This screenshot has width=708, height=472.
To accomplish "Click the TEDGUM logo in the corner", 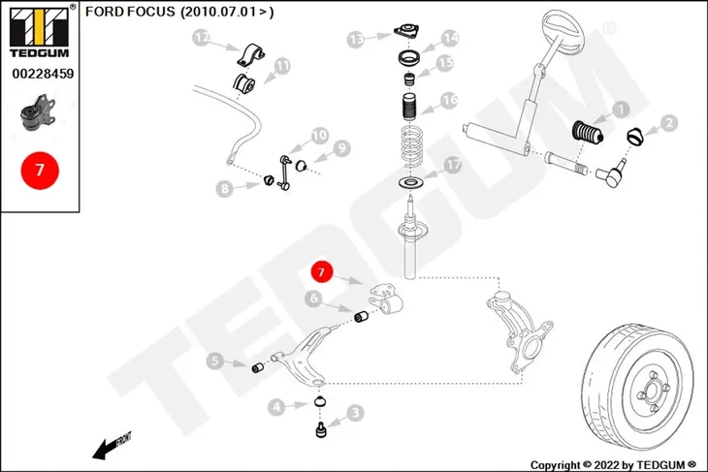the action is tap(40, 31).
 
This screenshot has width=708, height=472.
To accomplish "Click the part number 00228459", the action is tap(43, 74).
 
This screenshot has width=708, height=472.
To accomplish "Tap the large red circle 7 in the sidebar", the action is tap(40, 171).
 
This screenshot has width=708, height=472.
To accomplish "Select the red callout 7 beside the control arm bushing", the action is tap(321, 271).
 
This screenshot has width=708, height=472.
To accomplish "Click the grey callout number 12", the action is tap(202, 38).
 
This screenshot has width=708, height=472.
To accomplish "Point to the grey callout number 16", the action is tap(449, 100).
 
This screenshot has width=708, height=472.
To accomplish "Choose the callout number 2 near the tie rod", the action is tap(669, 122).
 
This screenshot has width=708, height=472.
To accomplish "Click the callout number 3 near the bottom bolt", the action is tap(355, 413).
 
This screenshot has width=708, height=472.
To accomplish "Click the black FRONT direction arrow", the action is tap(112, 446).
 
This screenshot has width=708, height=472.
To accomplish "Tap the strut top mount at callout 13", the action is tap(406, 31).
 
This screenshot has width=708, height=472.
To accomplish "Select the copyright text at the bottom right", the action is tap(613, 465).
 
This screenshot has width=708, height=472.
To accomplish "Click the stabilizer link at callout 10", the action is tap(284, 172).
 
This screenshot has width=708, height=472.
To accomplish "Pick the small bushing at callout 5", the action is tap(257, 367).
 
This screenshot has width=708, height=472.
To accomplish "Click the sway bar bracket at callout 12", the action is tap(250, 55).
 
